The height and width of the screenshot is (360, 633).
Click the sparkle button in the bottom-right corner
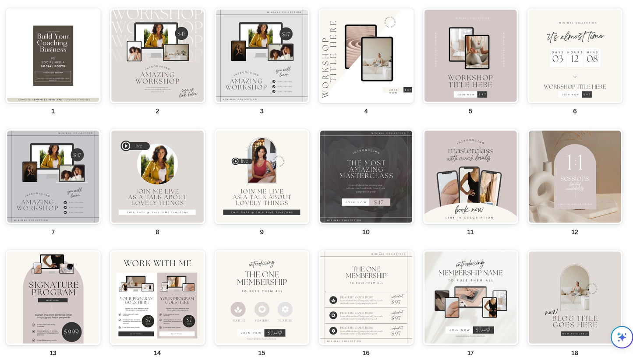pos(622,337)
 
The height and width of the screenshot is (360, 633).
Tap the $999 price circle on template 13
pos(71,332)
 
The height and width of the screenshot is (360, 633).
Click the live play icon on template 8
pos(126,146)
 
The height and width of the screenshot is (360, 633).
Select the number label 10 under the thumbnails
pos(366,232)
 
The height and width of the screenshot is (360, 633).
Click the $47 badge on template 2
pos(181,33)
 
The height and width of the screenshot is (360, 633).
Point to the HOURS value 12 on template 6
pos(575,59)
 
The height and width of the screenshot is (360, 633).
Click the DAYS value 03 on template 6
pos(558,59)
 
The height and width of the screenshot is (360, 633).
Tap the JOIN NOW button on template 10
pos(356,202)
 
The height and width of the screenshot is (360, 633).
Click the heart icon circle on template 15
pos(262,309)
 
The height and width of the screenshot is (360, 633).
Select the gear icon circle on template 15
pos(285,309)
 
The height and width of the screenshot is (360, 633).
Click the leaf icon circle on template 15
pos(238,309)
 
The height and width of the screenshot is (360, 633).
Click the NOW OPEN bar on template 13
pos(53,300)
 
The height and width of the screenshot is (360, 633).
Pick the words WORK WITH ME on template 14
pos(157,263)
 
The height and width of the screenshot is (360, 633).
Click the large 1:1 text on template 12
pos(574,163)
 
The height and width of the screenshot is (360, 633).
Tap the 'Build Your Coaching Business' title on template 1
pos(53,43)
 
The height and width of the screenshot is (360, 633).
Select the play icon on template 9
pos(236,161)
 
